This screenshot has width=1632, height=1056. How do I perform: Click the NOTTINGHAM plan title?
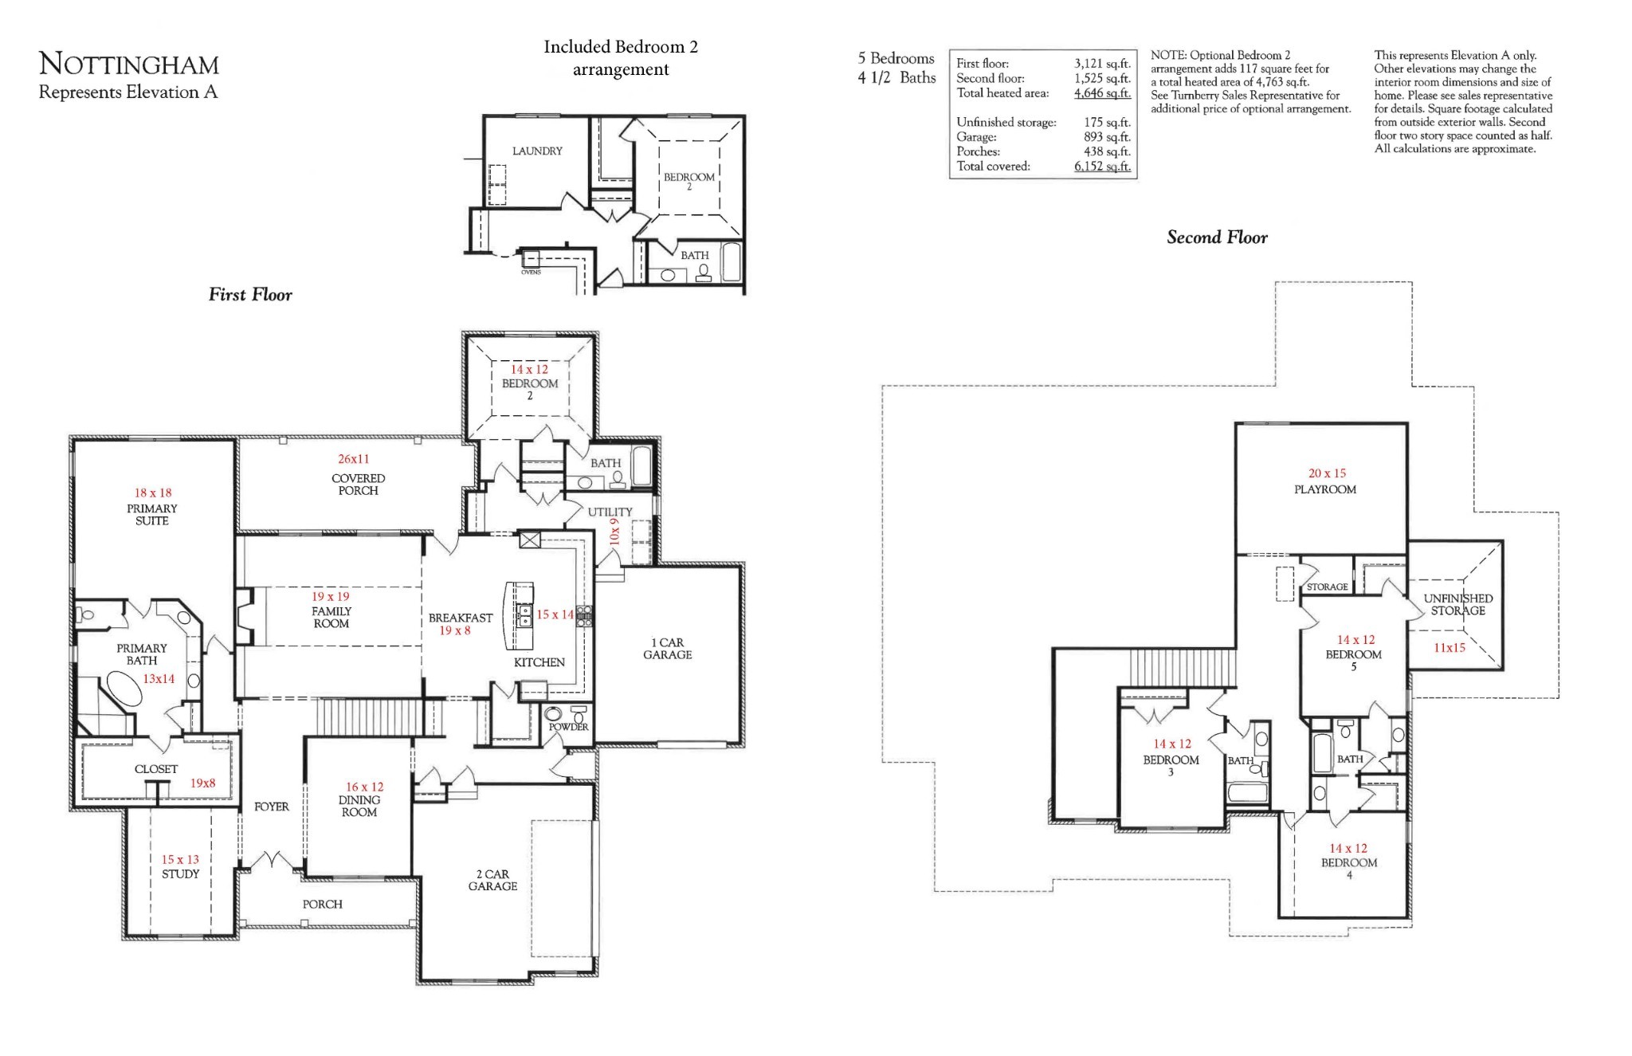pos(128,64)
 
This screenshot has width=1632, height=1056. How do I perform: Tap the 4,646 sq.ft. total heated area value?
pos(1102,93)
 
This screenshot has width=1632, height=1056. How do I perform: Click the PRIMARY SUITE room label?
pos(151,514)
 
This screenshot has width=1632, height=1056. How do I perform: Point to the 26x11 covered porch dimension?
pos(353,459)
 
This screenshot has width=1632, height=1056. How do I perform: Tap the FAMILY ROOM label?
pos(331,618)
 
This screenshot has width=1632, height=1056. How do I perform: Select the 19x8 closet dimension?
pos(202,783)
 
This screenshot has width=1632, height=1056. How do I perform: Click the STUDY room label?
pos(180,873)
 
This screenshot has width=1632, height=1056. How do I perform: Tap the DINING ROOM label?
pos(359,806)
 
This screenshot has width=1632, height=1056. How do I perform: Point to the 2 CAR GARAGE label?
pos(492,880)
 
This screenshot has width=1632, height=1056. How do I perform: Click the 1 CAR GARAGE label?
pos(667,649)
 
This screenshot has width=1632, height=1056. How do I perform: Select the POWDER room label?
pos(568,727)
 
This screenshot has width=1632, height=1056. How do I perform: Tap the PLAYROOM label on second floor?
pos(1324,489)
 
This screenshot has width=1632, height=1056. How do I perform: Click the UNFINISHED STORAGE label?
pos(1457,604)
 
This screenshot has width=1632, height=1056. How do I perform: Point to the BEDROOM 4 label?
pos(1348,863)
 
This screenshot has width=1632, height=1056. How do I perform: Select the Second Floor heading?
pos(1216,238)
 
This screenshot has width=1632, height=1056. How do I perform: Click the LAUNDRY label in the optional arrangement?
pos(537,151)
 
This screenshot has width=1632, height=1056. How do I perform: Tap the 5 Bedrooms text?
pos(896,58)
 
